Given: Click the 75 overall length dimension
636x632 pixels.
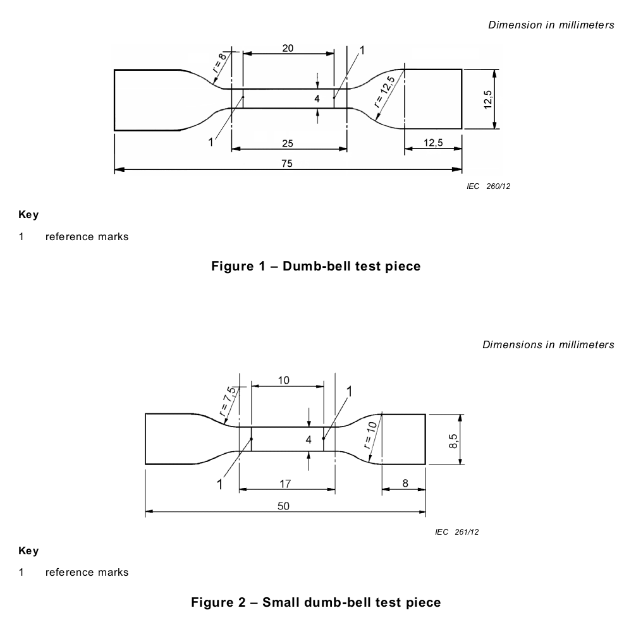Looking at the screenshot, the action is tap(287, 163).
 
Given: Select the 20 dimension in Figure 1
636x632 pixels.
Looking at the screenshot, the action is tap(288, 48).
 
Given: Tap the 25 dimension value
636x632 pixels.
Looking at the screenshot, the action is tap(288, 143).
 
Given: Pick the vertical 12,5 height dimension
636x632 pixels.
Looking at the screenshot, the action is tap(488, 99).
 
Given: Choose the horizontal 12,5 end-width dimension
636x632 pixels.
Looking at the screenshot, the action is tap(433, 143).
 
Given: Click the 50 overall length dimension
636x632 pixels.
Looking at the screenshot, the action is tap(283, 506).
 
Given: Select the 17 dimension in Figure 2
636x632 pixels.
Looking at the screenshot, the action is tap(285, 483).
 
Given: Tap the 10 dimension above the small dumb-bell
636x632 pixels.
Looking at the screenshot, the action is tap(283, 380).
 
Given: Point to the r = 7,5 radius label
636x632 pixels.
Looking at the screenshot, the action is tap(227, 402).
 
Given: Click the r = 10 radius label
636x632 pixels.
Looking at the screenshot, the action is tap(370, 435).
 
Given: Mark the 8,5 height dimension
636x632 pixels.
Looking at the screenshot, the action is tap(453, 441).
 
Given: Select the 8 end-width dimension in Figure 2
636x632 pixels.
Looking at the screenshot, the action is tap(405, 483).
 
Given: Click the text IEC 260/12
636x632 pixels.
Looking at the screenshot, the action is tap(488, 186).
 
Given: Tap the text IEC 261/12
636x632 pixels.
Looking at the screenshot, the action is tap(456, 532).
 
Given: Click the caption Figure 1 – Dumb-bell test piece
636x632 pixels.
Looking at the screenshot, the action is tap(316, 266).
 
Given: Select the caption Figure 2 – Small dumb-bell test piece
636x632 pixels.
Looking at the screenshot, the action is tap(316, 602).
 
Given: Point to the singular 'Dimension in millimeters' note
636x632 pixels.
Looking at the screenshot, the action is tap(551, 25).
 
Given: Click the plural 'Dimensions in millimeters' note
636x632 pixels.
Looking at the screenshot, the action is tap(548, 344).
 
